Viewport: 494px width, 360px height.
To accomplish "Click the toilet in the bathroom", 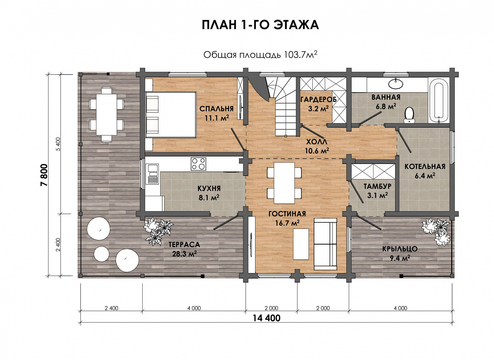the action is [409, 115].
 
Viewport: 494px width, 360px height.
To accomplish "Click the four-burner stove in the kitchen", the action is [198, 164].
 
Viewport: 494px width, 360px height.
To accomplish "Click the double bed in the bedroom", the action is [171, 115].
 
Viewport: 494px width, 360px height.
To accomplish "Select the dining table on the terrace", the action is [106, 115].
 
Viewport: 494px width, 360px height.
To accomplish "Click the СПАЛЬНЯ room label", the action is [216, 109].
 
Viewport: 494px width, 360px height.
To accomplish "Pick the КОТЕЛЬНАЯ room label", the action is [425, 167].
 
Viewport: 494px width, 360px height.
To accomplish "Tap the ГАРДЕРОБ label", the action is [318, 100].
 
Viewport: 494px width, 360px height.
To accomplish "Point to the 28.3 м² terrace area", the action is [184, 254].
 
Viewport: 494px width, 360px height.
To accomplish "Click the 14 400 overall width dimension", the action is [266, 318].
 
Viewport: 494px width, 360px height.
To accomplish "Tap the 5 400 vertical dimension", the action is [58, 144].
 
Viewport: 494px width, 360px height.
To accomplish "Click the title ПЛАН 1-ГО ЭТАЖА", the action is [260, 25].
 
